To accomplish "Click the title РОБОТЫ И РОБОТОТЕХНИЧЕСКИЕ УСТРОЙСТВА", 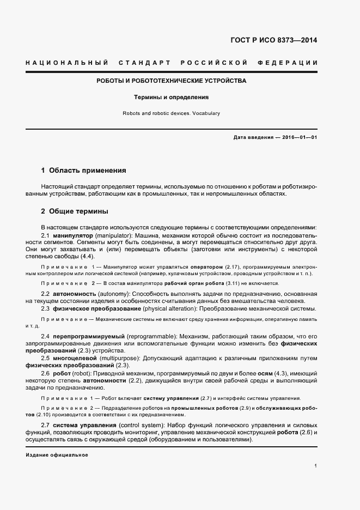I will coord(171,81).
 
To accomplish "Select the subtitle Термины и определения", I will coord(172,98).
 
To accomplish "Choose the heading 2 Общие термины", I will coord(74,211).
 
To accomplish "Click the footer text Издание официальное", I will coord(57,454).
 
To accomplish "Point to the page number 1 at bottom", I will coord(316,466).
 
